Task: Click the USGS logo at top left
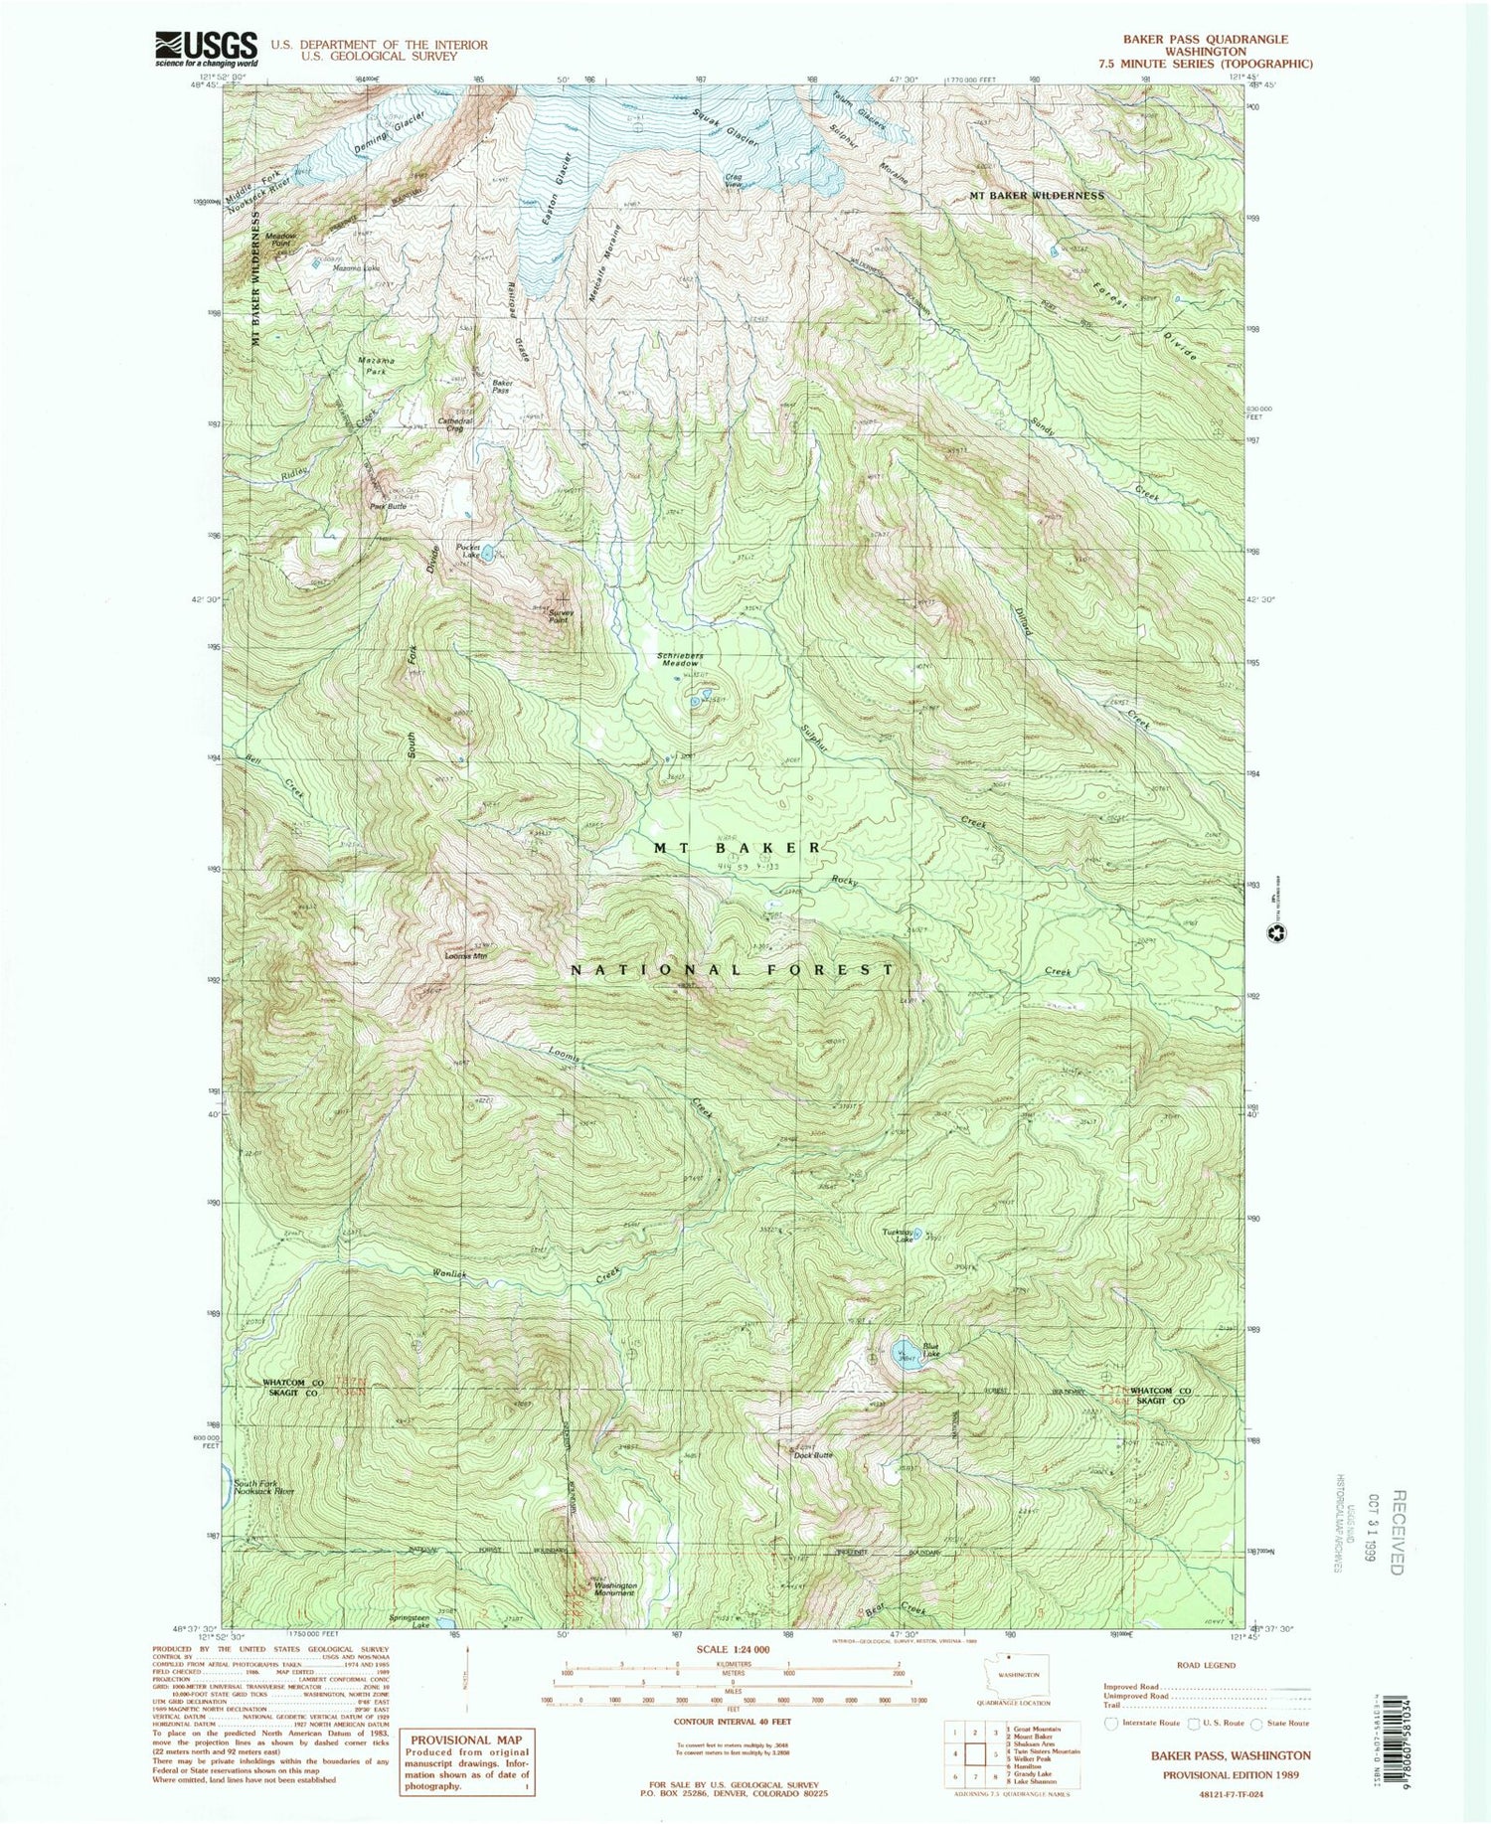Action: [206, 48]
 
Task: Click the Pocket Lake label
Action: [468, 551]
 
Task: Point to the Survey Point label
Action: [562, 613]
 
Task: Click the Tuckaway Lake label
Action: [898, 1235]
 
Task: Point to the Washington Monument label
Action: [615, 1589]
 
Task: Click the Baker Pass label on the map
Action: [501, 387]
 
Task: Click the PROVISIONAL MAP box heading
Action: [465, 1740]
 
